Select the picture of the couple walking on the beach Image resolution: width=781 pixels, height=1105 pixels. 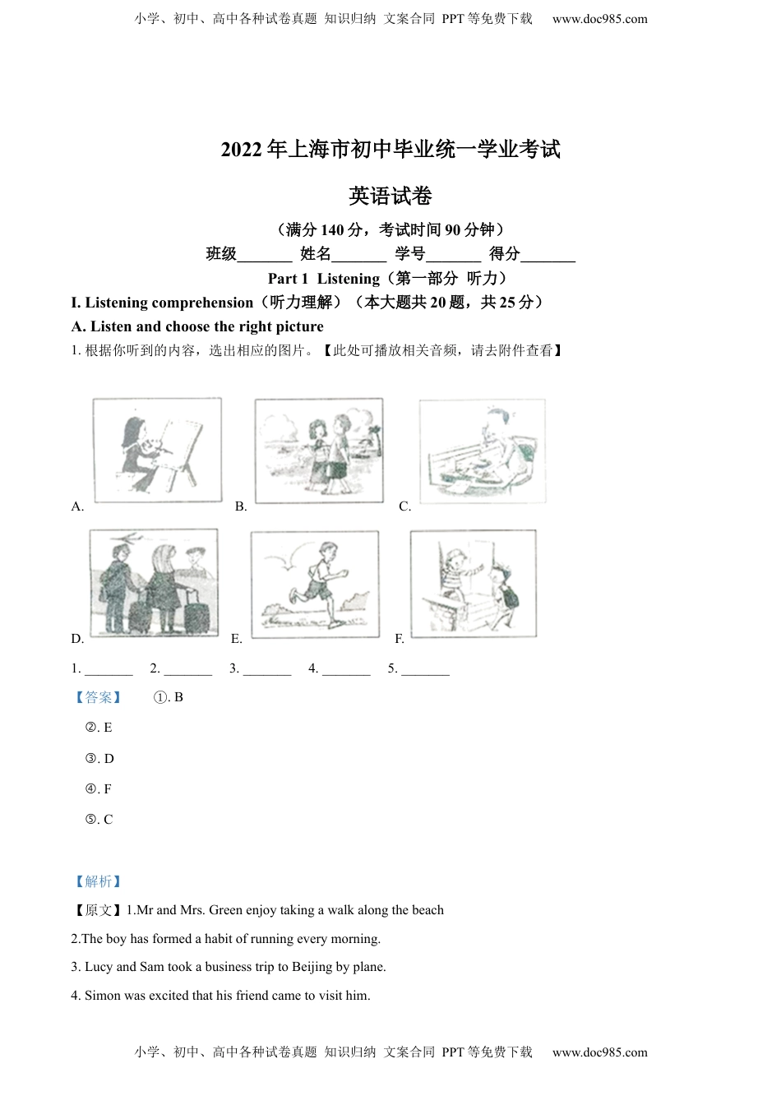pos(319,451)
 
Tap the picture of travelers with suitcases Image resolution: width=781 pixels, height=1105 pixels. pos(155,582)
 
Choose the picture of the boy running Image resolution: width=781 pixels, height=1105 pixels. pos(315,584)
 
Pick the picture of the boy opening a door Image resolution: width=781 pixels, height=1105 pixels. pos(473,583)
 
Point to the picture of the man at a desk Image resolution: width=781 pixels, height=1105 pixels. pos(482,451)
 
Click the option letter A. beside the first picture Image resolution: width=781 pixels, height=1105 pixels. pos(77,506)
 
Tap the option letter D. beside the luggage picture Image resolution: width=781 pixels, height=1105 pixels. pos(77,639)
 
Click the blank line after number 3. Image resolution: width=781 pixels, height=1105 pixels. pos(267,669)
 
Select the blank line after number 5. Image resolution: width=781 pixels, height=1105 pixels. pos(425,669)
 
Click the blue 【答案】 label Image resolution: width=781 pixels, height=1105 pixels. pos(98,697)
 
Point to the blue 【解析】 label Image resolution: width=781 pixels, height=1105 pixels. pos(98,881)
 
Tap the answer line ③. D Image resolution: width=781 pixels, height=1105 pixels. pos(99,759)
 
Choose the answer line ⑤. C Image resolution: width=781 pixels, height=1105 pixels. pos(99,820)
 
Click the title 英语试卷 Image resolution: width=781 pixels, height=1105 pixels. pos(390,196)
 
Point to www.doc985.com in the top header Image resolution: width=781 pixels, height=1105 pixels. pos(599,19)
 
